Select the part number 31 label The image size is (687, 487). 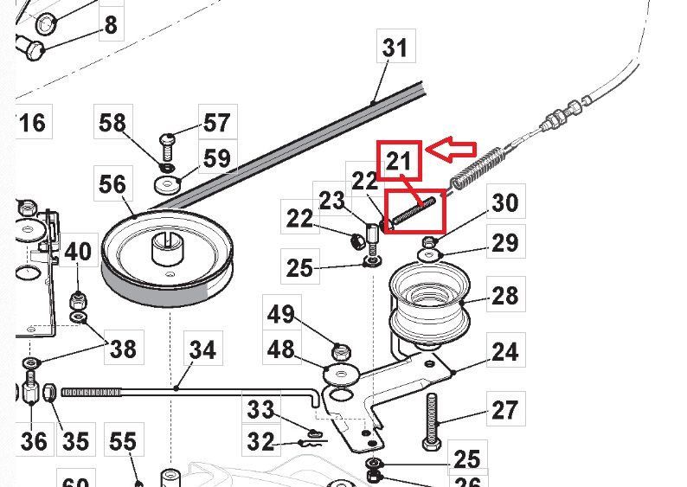point(395,47)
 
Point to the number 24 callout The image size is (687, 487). point(504,352)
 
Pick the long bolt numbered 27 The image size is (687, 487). point(433,420)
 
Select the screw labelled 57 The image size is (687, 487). point(168,139)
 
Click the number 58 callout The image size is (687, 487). point(112,124)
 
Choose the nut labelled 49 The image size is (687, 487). point(340,351)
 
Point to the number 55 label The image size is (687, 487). point(122,443)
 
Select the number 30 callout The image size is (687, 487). point(504,202)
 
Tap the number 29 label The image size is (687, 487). point(504,242)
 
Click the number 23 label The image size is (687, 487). point(331,201)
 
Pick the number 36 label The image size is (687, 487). point(34,441)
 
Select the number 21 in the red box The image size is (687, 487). point(398,161)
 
